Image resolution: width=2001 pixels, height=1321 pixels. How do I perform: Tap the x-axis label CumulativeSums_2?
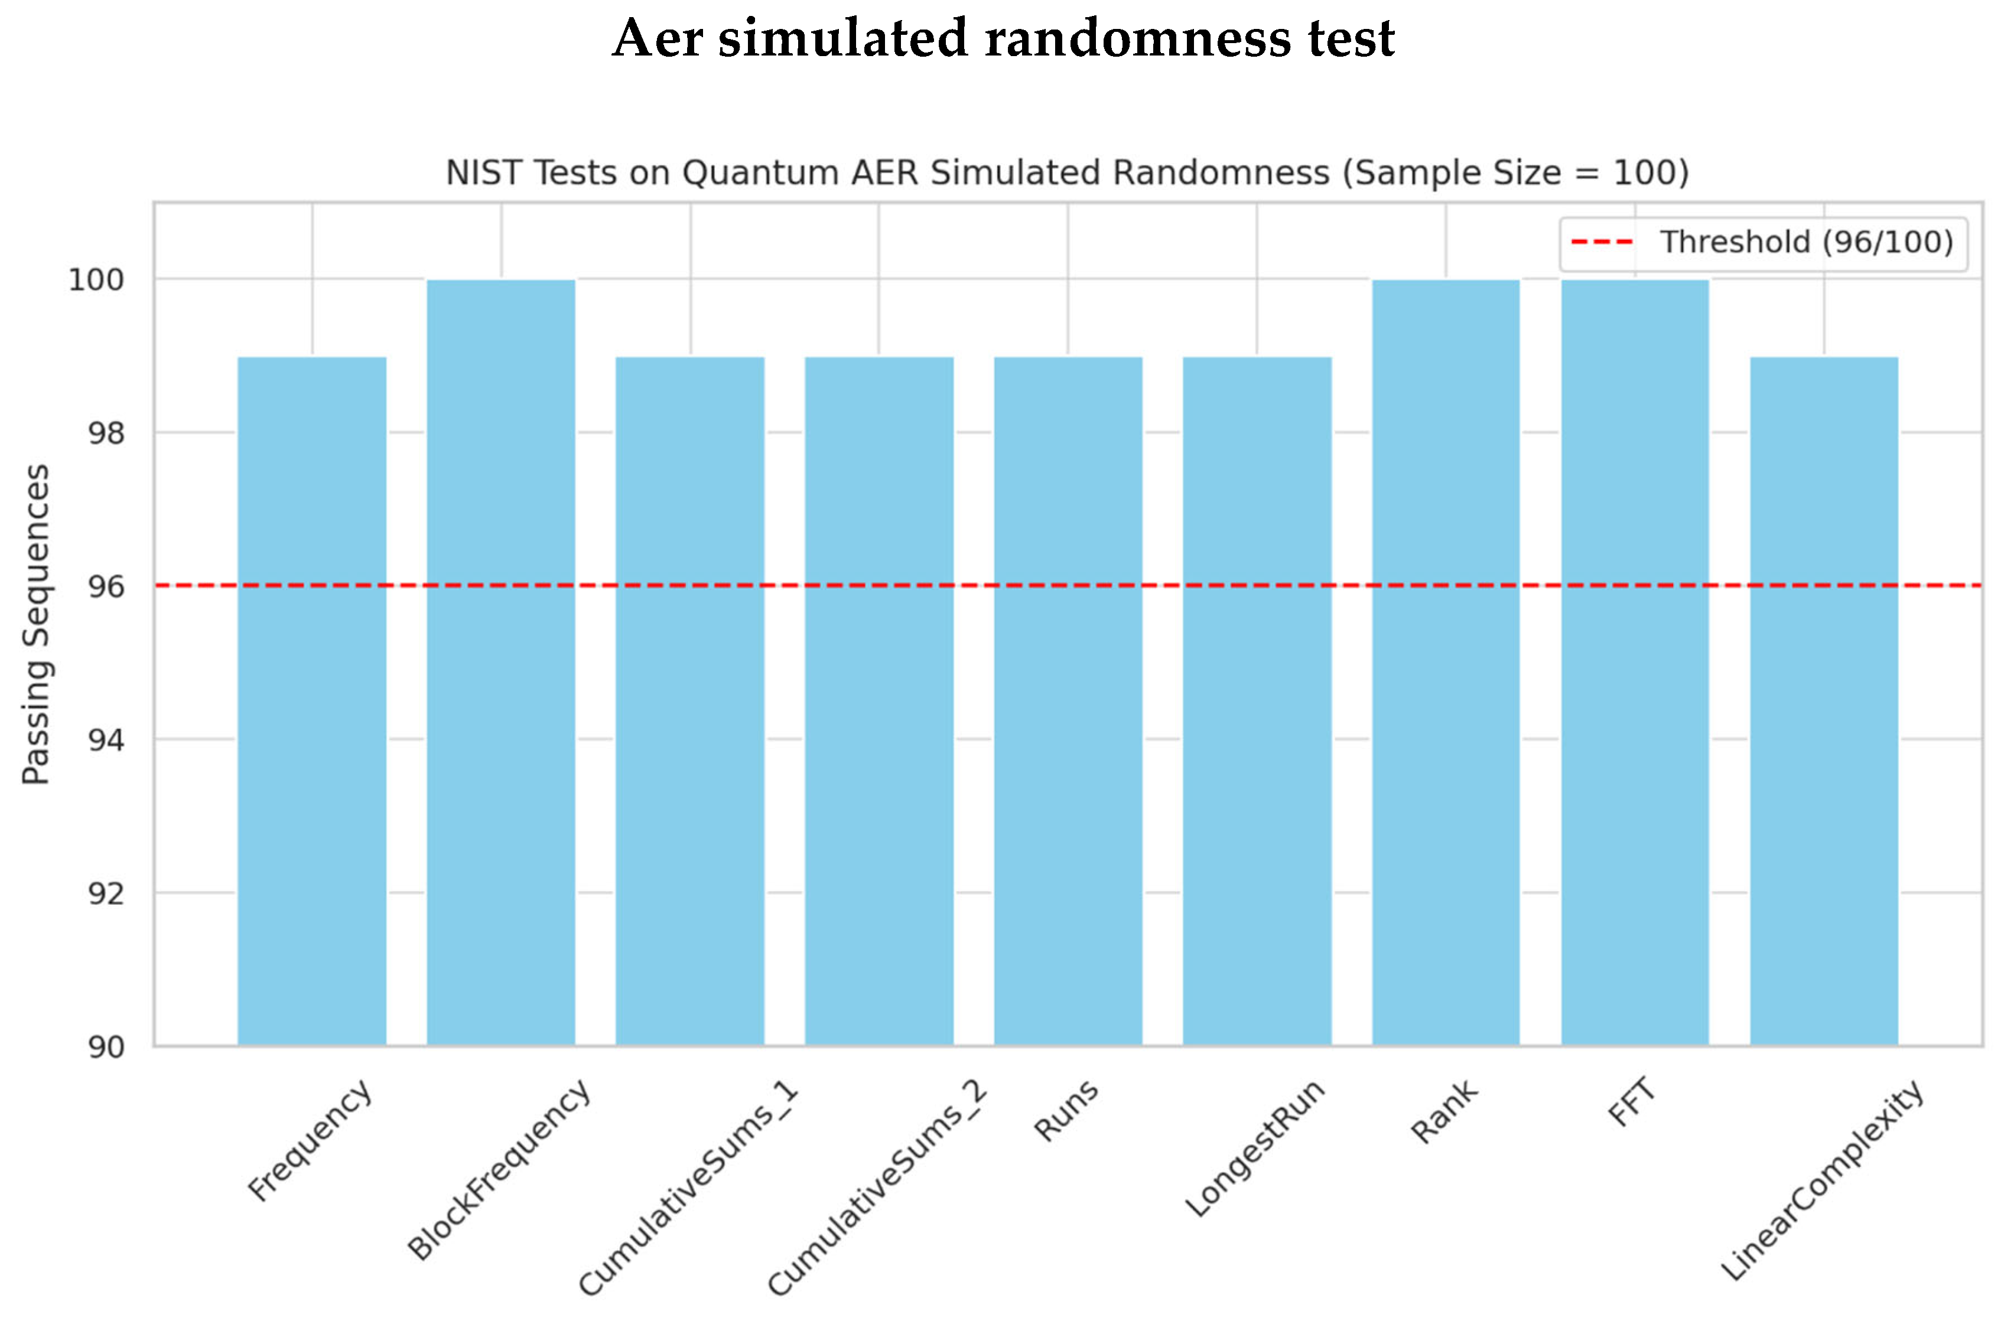(877, 1188)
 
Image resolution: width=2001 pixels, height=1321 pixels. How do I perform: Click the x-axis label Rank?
(1444, 1111)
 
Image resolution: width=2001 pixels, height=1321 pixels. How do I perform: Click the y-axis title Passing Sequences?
(36, 624)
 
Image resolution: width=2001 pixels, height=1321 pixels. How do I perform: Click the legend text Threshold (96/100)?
(1805, 243)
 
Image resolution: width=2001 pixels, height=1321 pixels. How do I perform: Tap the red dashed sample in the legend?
(1602, 243)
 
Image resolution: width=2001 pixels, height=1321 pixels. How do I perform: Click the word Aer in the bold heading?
(658, 39)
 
